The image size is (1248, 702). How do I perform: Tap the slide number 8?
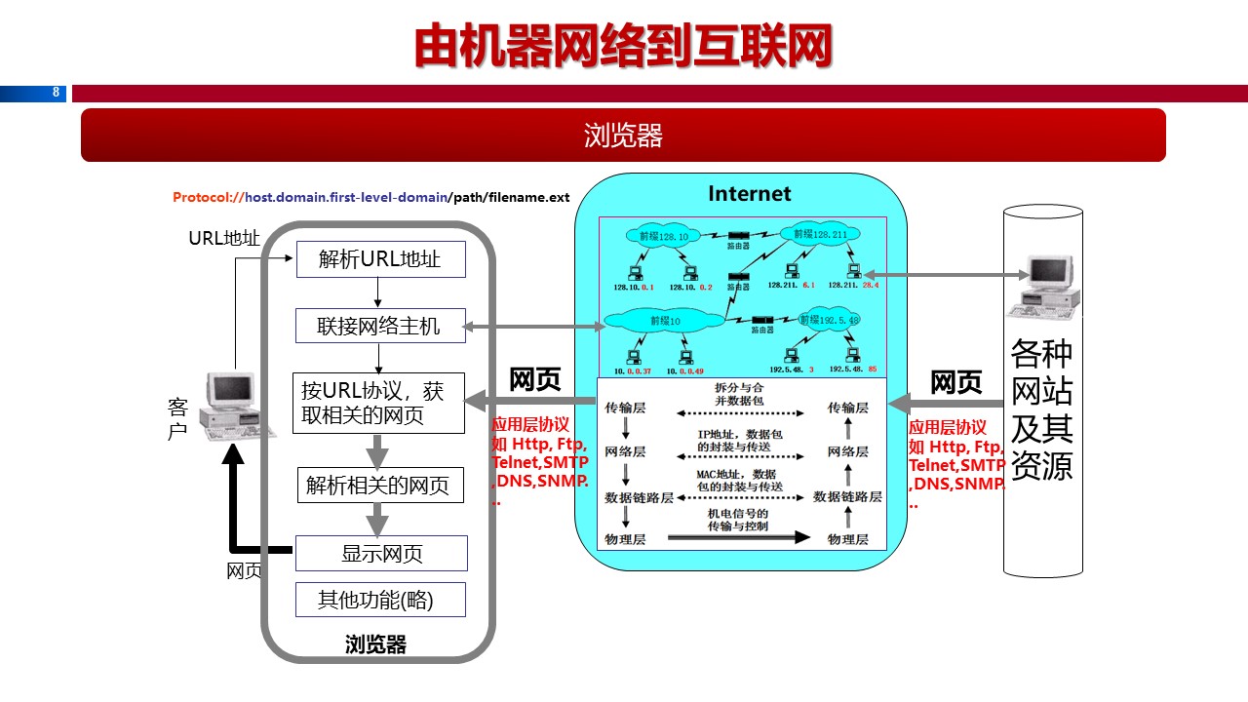(56, 94)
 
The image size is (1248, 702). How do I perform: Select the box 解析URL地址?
(380, 259)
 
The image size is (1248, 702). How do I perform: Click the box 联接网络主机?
(380, 327)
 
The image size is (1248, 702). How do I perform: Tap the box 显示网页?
(380, 554)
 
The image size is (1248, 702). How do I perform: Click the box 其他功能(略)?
(380, 600)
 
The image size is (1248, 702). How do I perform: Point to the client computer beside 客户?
(230, 402)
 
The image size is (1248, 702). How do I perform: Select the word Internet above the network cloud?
(750, 193)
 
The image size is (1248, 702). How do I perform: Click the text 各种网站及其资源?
(1042, 409)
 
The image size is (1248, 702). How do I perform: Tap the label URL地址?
(224, 238)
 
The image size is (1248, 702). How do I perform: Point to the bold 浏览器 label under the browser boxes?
(375, 644)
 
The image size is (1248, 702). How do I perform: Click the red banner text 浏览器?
(623, 135)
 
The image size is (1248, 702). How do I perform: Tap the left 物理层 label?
(625, 539)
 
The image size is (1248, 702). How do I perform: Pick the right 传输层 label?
(847, 408)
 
